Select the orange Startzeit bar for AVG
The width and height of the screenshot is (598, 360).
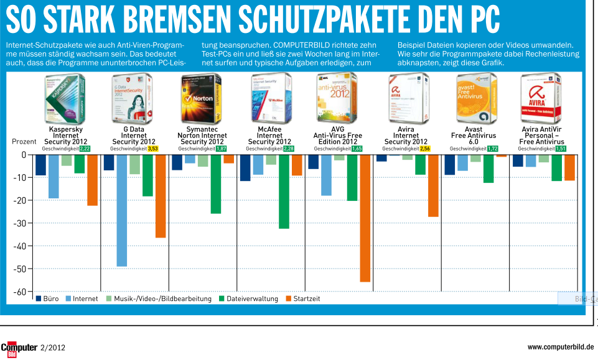(365, 218)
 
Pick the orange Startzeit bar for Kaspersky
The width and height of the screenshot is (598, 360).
(92, 180)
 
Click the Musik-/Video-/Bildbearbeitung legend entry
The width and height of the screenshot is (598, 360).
(158, 299)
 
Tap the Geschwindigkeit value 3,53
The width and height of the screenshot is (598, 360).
(153, 149)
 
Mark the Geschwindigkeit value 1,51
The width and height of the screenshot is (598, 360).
(561, 149)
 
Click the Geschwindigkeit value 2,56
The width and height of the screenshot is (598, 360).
(425, 149)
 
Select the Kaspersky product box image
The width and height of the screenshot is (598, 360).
(65, 98)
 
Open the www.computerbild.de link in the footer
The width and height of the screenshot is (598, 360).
(560, 347)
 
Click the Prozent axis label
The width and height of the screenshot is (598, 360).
(24, 142)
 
